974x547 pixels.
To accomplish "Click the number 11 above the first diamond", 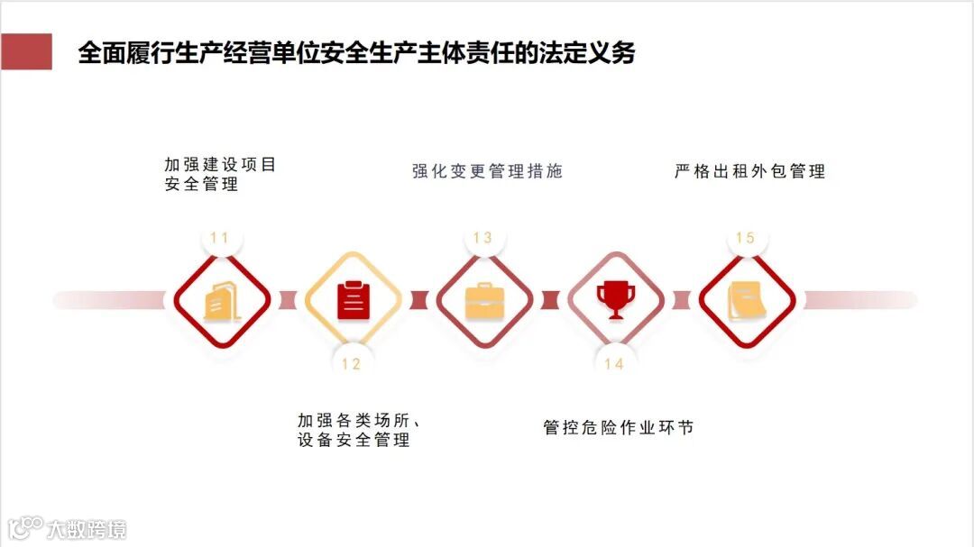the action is [219, 238].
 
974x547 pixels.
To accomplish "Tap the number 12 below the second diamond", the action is [351, 364].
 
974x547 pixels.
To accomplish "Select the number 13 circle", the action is [482, 238].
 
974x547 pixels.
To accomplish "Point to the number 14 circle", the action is [614, 364].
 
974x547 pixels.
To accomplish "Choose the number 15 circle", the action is [745, 238].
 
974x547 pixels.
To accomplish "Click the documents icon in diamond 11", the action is [221, 301].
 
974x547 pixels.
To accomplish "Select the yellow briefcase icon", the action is [484, 301].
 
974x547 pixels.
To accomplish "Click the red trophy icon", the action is [616, 299].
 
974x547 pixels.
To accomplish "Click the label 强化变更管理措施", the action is [487, 171].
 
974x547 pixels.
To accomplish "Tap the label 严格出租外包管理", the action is [749, 171].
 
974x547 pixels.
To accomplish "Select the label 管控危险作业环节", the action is [619, 428].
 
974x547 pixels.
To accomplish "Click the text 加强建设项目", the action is [220, 165].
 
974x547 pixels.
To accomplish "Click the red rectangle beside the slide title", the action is [26, 52].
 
